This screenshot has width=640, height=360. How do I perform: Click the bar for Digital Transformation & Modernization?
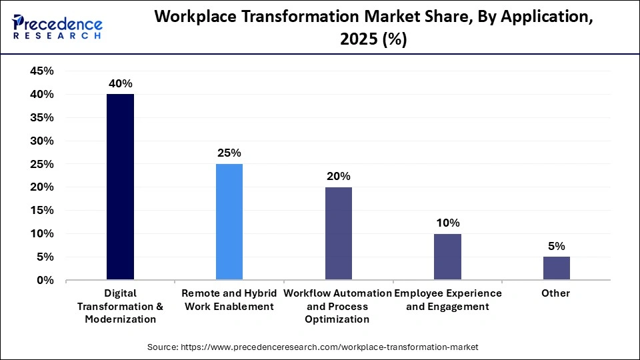[120, 187]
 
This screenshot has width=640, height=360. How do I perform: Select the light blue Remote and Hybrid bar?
[229, 222]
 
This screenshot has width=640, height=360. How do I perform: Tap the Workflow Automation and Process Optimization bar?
[338, 233]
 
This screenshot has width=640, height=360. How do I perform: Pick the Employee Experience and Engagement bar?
[447, 257]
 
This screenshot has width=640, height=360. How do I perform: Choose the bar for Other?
[556, 268]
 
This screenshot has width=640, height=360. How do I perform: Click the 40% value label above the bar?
[121, 83]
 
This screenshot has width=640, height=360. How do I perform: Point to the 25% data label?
[229, 153]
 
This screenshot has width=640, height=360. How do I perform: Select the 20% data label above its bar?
[338, 176]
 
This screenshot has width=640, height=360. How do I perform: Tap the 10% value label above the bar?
[447, 223]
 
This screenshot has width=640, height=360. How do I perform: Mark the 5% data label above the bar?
[556, 246]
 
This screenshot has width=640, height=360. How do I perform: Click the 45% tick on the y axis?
[42, 71]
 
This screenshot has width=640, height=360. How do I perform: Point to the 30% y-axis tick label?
[42, 141]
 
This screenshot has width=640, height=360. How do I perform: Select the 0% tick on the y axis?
[45, 280]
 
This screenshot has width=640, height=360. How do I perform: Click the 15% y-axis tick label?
[42, 211]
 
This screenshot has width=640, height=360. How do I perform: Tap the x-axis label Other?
[556, 293]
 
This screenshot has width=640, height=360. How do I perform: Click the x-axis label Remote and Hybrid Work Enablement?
[229, 300]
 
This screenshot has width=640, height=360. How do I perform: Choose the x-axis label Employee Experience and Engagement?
[447, 300]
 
